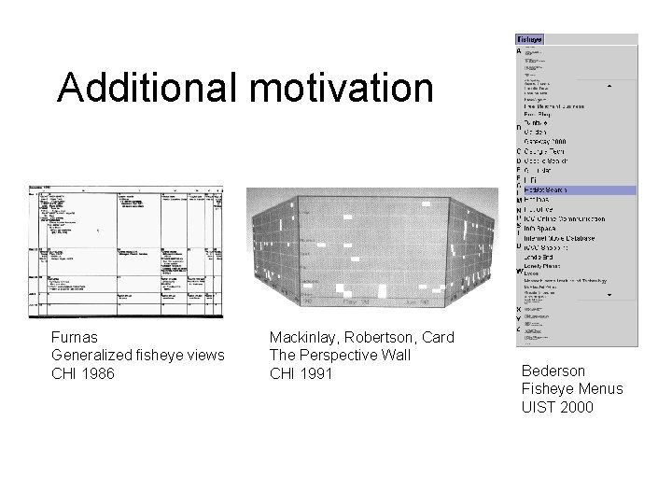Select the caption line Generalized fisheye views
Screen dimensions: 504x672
pyautogui.click(x=138, y=354)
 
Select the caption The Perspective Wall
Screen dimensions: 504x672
pyautogui.click(x=335, y=354)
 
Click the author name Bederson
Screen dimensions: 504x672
pyautogui.click(x=553, y=371)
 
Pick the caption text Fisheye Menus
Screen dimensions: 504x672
pyautogui.click(x=572, y=388)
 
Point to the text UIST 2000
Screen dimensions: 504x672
pyautogui.click(x=557, y=406)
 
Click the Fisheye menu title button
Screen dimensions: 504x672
pyautogui.click(x=529, y=40)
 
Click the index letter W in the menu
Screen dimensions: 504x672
pyautogui.click(x=519, y=272)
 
